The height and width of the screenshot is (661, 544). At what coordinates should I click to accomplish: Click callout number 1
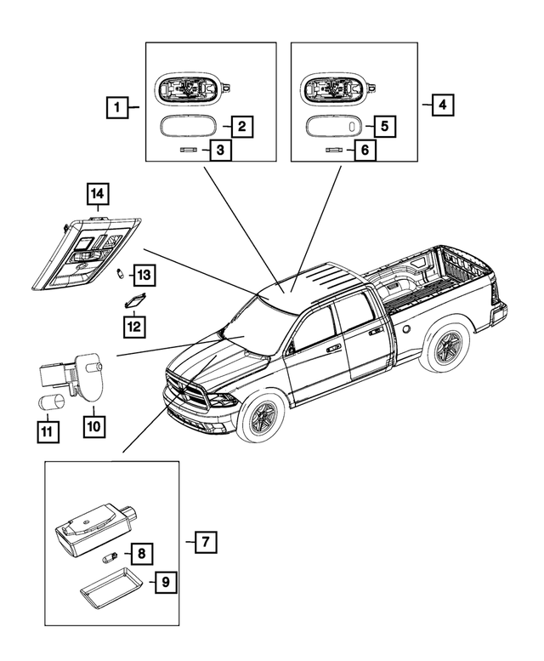117,108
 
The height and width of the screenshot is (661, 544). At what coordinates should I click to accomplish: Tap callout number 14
98,197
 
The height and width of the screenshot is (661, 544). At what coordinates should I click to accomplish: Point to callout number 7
203,541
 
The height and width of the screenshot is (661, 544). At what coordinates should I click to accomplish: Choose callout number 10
93,424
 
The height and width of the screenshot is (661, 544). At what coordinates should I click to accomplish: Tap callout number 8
141,554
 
